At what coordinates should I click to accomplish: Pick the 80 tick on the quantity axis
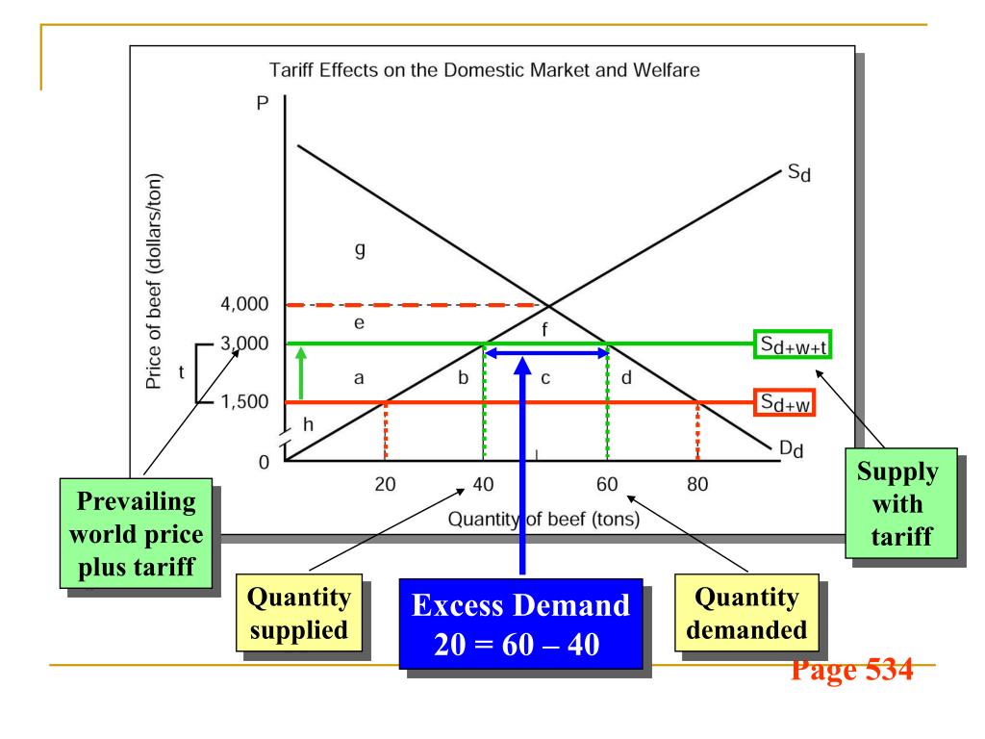tap(697, 484)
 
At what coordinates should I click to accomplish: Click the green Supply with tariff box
tap(900, 503)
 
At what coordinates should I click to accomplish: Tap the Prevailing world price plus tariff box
tap(144, 529)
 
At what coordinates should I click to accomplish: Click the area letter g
tap(360, 250)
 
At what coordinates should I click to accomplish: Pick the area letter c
tap(544, 378)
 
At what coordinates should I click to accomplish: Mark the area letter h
tap(307, 424)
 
